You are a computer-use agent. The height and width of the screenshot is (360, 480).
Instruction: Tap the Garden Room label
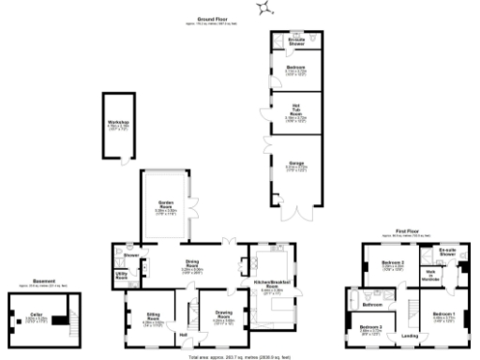pos(166,211)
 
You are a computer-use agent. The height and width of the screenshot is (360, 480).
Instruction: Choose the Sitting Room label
pos(153,317)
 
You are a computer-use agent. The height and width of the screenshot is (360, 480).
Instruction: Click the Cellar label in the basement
pos(37,316)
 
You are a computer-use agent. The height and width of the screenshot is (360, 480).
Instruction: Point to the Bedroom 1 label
pos(443,315)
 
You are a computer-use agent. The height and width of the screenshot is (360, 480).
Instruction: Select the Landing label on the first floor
pos(409,336)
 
